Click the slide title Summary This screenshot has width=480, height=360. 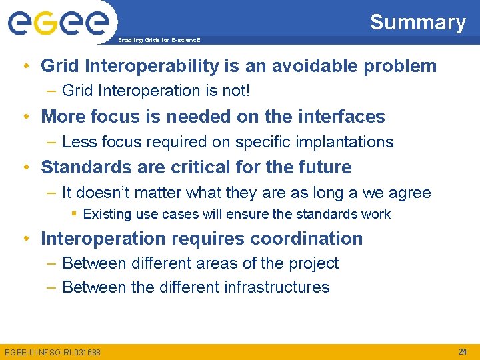coord(417,22)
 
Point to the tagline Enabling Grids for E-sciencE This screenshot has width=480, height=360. coord(159,40)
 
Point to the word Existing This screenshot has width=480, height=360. coord(107,215)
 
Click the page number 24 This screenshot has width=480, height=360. coord(462,351)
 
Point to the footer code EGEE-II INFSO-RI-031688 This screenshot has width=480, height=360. coord(53,352)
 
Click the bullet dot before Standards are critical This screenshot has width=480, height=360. coord(26,168)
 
